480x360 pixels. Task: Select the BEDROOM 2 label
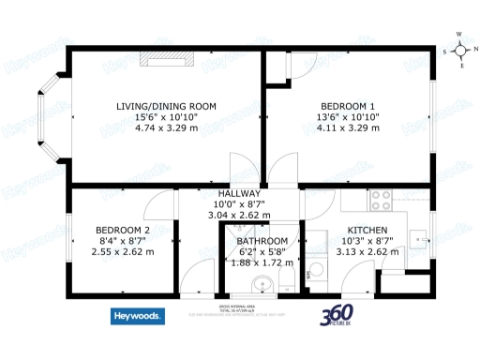coord(123,231)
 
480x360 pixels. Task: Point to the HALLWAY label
coord(238,193)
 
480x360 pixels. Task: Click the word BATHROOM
coord(256,242)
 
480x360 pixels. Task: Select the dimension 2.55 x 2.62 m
coord(123,251)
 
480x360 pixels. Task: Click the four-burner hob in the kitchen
coord(382,199)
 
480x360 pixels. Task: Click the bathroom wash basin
coord(317,271)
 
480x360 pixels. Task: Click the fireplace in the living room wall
coord(167,59)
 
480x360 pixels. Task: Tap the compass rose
coord(459,49)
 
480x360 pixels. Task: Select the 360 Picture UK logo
coord(338,315)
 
